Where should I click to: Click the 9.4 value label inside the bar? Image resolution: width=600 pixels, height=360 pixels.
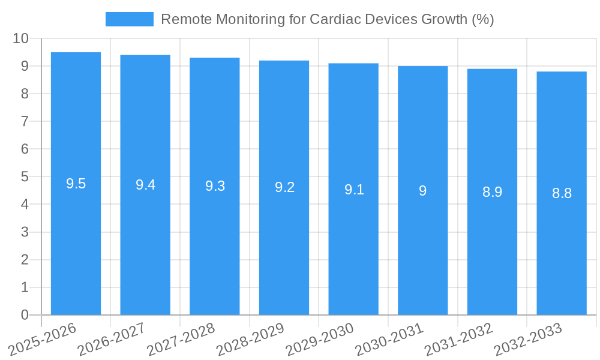(145, 185)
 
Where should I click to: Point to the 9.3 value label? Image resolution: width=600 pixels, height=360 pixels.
(215, 186)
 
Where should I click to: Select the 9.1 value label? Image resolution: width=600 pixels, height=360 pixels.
(354, 190)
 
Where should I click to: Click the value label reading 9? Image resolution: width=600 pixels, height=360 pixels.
(422, 191)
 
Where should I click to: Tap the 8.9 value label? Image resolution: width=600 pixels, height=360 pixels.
(492, 192)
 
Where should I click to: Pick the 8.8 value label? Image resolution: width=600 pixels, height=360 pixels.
(562, 193)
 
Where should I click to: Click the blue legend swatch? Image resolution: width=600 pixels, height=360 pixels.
(129, 19)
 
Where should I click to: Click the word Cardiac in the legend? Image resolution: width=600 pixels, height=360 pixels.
(332, 19)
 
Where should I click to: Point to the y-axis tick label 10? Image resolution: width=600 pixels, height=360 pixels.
(20, 38)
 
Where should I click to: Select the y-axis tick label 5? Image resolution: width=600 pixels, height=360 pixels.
(25, 177)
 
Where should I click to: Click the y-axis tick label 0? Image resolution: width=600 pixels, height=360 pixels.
(25, 315)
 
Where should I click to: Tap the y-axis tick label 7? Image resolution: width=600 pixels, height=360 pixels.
(25, 121)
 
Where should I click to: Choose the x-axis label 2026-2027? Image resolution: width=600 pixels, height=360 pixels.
(112, 339)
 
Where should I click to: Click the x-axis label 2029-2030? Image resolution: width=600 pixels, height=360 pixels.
(320, 339)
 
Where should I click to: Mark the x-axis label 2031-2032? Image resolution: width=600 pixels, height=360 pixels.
(458, 339)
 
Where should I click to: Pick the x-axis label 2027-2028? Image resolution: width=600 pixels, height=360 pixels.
(181, 339)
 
